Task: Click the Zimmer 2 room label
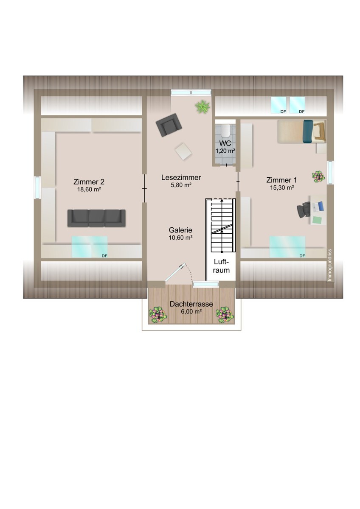click(89, 182)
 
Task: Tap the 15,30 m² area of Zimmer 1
click(282, 187)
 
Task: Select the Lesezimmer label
click(181, 177)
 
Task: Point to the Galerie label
click(180, 230)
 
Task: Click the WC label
click(225, 143)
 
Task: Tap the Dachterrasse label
click(191, 304)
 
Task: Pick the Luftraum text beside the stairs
click(221, 266)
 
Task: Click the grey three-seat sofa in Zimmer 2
click(96, 218)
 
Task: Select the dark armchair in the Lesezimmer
click(169, 125)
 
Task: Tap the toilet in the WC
click(225, 131)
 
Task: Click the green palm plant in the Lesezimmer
click(202, 106)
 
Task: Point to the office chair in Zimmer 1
click(304, 210)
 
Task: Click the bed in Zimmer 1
click(301, 131)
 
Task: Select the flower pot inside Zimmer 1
click(318, 176)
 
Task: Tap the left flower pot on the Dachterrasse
click(158, 315)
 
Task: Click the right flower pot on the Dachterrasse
click(225, 315)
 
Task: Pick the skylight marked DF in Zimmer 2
click(90, 247)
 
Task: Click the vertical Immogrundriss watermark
click(330, 265)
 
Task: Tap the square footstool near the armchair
click(183, 151)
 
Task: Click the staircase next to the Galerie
click(222, 225)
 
